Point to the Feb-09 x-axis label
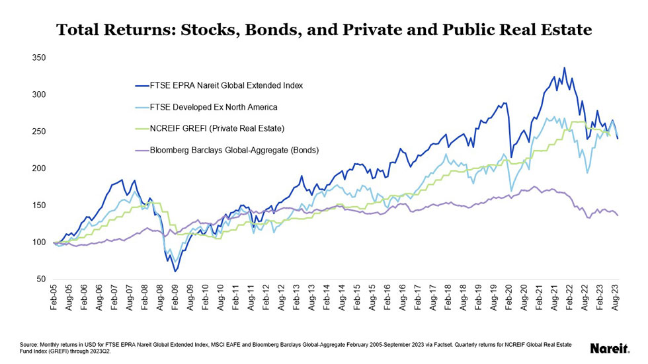point(175,298)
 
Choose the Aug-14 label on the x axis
point(341,298)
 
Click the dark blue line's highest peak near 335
point(564,67)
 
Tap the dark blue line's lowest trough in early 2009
point(175,272)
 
